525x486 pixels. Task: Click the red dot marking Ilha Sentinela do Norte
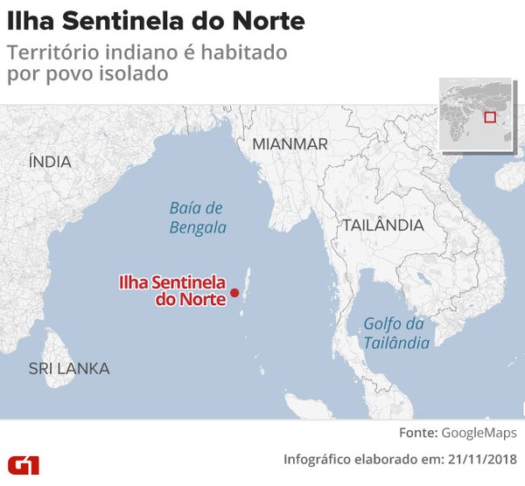click(234, 292)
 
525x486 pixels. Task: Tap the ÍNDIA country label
click(50, 162)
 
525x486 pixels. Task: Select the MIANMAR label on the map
click(290, 144)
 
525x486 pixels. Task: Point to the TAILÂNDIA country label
click(382, 225)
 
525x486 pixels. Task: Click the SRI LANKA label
click(69, 368)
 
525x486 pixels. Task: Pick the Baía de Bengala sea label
click(197, 218)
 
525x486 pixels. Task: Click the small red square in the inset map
click(490, 116)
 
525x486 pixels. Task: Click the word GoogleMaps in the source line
click(479, 433)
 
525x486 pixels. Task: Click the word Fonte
click(417, 433)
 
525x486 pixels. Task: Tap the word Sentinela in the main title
click(123, 20)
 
